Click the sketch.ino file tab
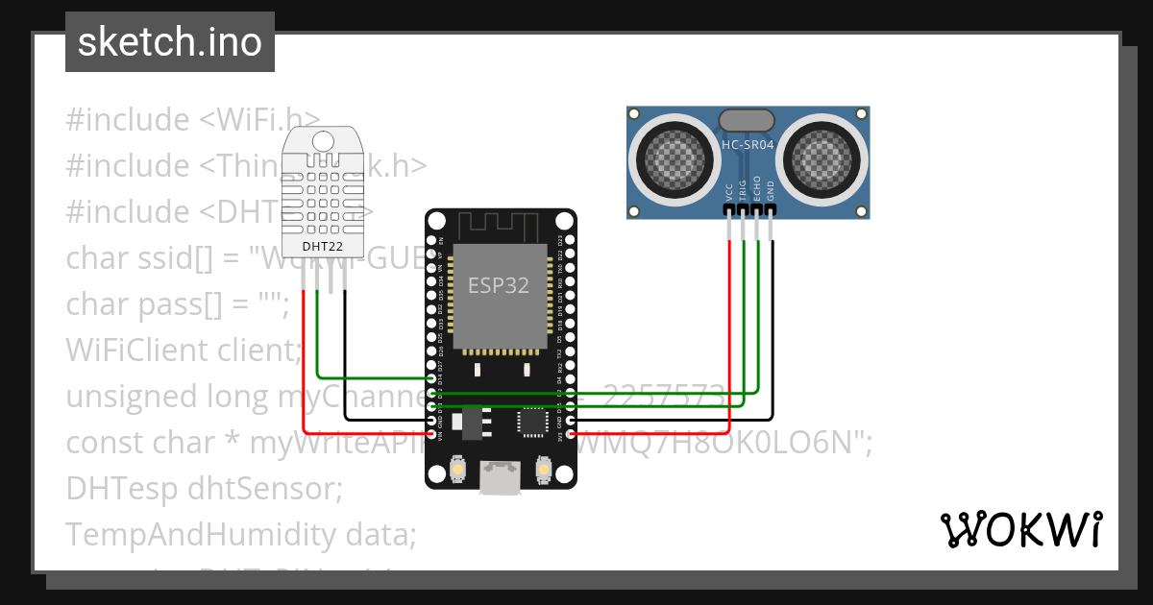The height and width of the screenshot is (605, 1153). (170, 42)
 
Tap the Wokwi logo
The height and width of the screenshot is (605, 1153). (1019, 529)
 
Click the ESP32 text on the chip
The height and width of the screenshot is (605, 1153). (499, 285)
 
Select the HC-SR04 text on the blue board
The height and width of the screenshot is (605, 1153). (747, 145)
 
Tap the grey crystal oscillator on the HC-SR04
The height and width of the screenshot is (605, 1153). (747, 119)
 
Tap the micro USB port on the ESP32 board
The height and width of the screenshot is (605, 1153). (501, 477)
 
